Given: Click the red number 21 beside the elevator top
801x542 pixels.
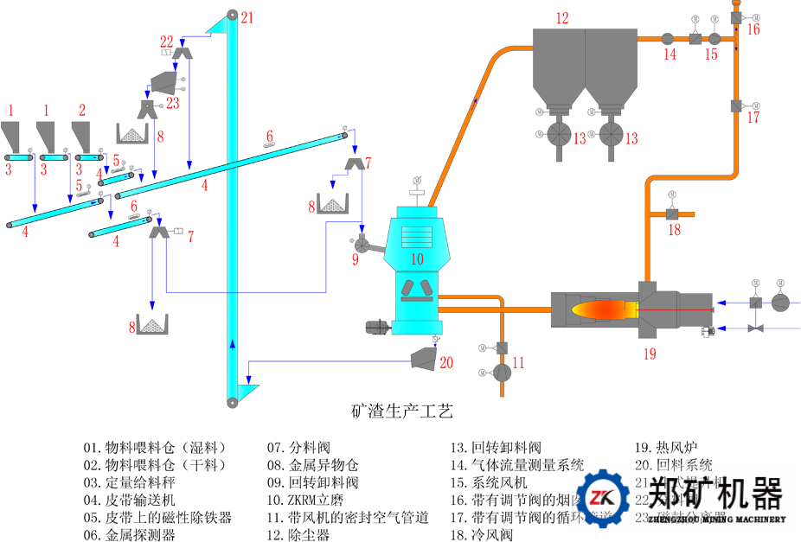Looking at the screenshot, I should (x=248, y=17).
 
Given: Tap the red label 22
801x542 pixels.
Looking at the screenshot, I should (x=166, y=41).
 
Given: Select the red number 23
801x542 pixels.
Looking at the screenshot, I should (x=173, y=102).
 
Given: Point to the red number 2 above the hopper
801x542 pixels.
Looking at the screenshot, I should (x=82, y=110).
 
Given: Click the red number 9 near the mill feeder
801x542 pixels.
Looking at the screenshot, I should (x=356, y=258).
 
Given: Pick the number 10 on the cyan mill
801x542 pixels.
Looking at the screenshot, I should (x=417, y=258).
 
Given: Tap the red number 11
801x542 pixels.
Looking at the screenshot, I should (x=518, y=363).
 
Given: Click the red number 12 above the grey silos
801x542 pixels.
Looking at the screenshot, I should (x=562, y=17).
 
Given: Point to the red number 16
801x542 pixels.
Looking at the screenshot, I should (x=753, y=29).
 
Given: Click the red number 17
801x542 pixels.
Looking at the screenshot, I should (x=753, y=118).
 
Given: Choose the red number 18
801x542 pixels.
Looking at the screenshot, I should (x=675, y=230).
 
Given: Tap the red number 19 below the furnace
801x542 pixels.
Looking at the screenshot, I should (x=650, y=353).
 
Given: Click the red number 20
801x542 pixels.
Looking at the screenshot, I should (x=446, y=363).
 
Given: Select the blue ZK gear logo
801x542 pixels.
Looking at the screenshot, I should (x=602, y=499).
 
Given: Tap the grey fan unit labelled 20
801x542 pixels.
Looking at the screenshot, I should (x=423, y=359).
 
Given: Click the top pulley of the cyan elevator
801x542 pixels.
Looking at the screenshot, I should (x=232, y=16).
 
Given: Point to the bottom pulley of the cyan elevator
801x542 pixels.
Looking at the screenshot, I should (x=232, y=403).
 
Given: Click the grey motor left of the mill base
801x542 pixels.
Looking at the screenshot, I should (x=377, y=327).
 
